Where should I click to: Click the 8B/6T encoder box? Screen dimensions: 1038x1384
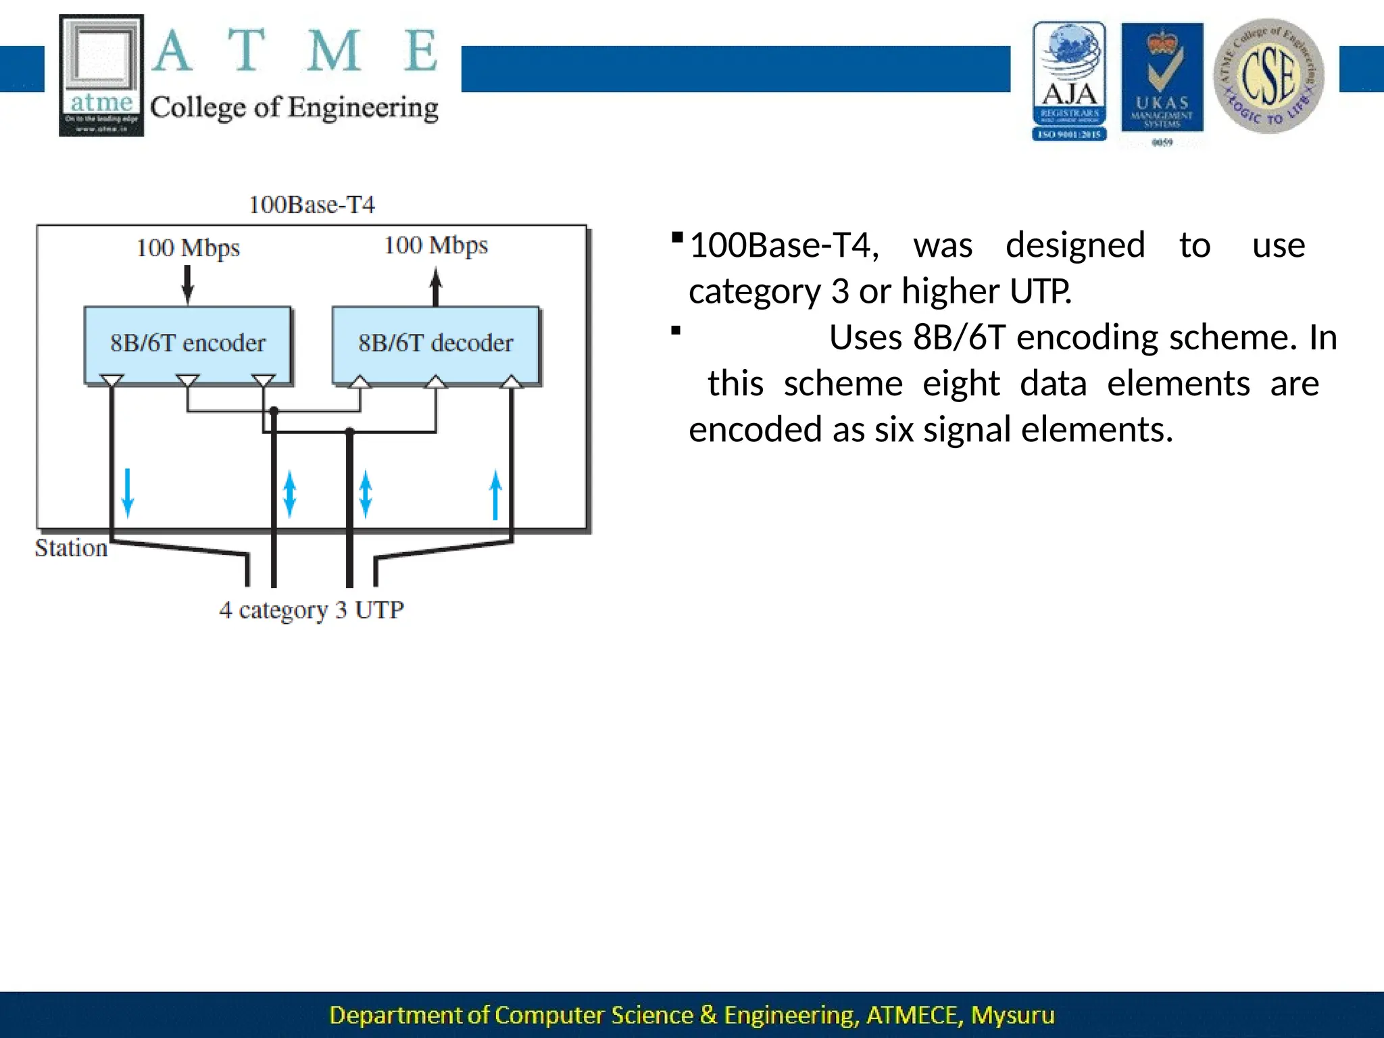[x=188, y=343]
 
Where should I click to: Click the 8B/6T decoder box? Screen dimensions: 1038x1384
[x=436, y=343]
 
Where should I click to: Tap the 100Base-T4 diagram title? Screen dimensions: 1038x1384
[x=312, y=204]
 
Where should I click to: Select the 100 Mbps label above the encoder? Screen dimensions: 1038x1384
[x=188, y=248]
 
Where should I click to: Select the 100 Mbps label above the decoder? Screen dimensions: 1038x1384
[x=436, y=245]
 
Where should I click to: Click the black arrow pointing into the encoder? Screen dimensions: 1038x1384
[x=188, y=285]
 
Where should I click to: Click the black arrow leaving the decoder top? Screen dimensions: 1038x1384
[x=436, y=287]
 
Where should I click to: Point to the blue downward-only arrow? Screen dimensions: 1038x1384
[x=128, y=493]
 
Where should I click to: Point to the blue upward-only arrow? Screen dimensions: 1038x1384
[x=495, y=495]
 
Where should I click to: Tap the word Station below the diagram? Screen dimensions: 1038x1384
[x=71, y=548]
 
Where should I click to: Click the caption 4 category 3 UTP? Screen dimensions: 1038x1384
[x=312, y=610]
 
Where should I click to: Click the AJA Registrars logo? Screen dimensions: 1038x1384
[x=1069, y=81]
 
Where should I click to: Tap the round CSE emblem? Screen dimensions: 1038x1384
[x=1268, y=76]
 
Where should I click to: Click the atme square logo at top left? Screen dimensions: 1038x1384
[x=101, y=75]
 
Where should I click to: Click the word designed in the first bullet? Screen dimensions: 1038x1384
[x=1075, y=245]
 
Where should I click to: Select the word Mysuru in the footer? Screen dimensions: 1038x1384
[x=1012, y=1015]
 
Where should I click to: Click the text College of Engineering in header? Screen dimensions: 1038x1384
[x=294, y=107]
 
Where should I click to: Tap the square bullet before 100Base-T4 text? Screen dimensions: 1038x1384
[x=676, y=237]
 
